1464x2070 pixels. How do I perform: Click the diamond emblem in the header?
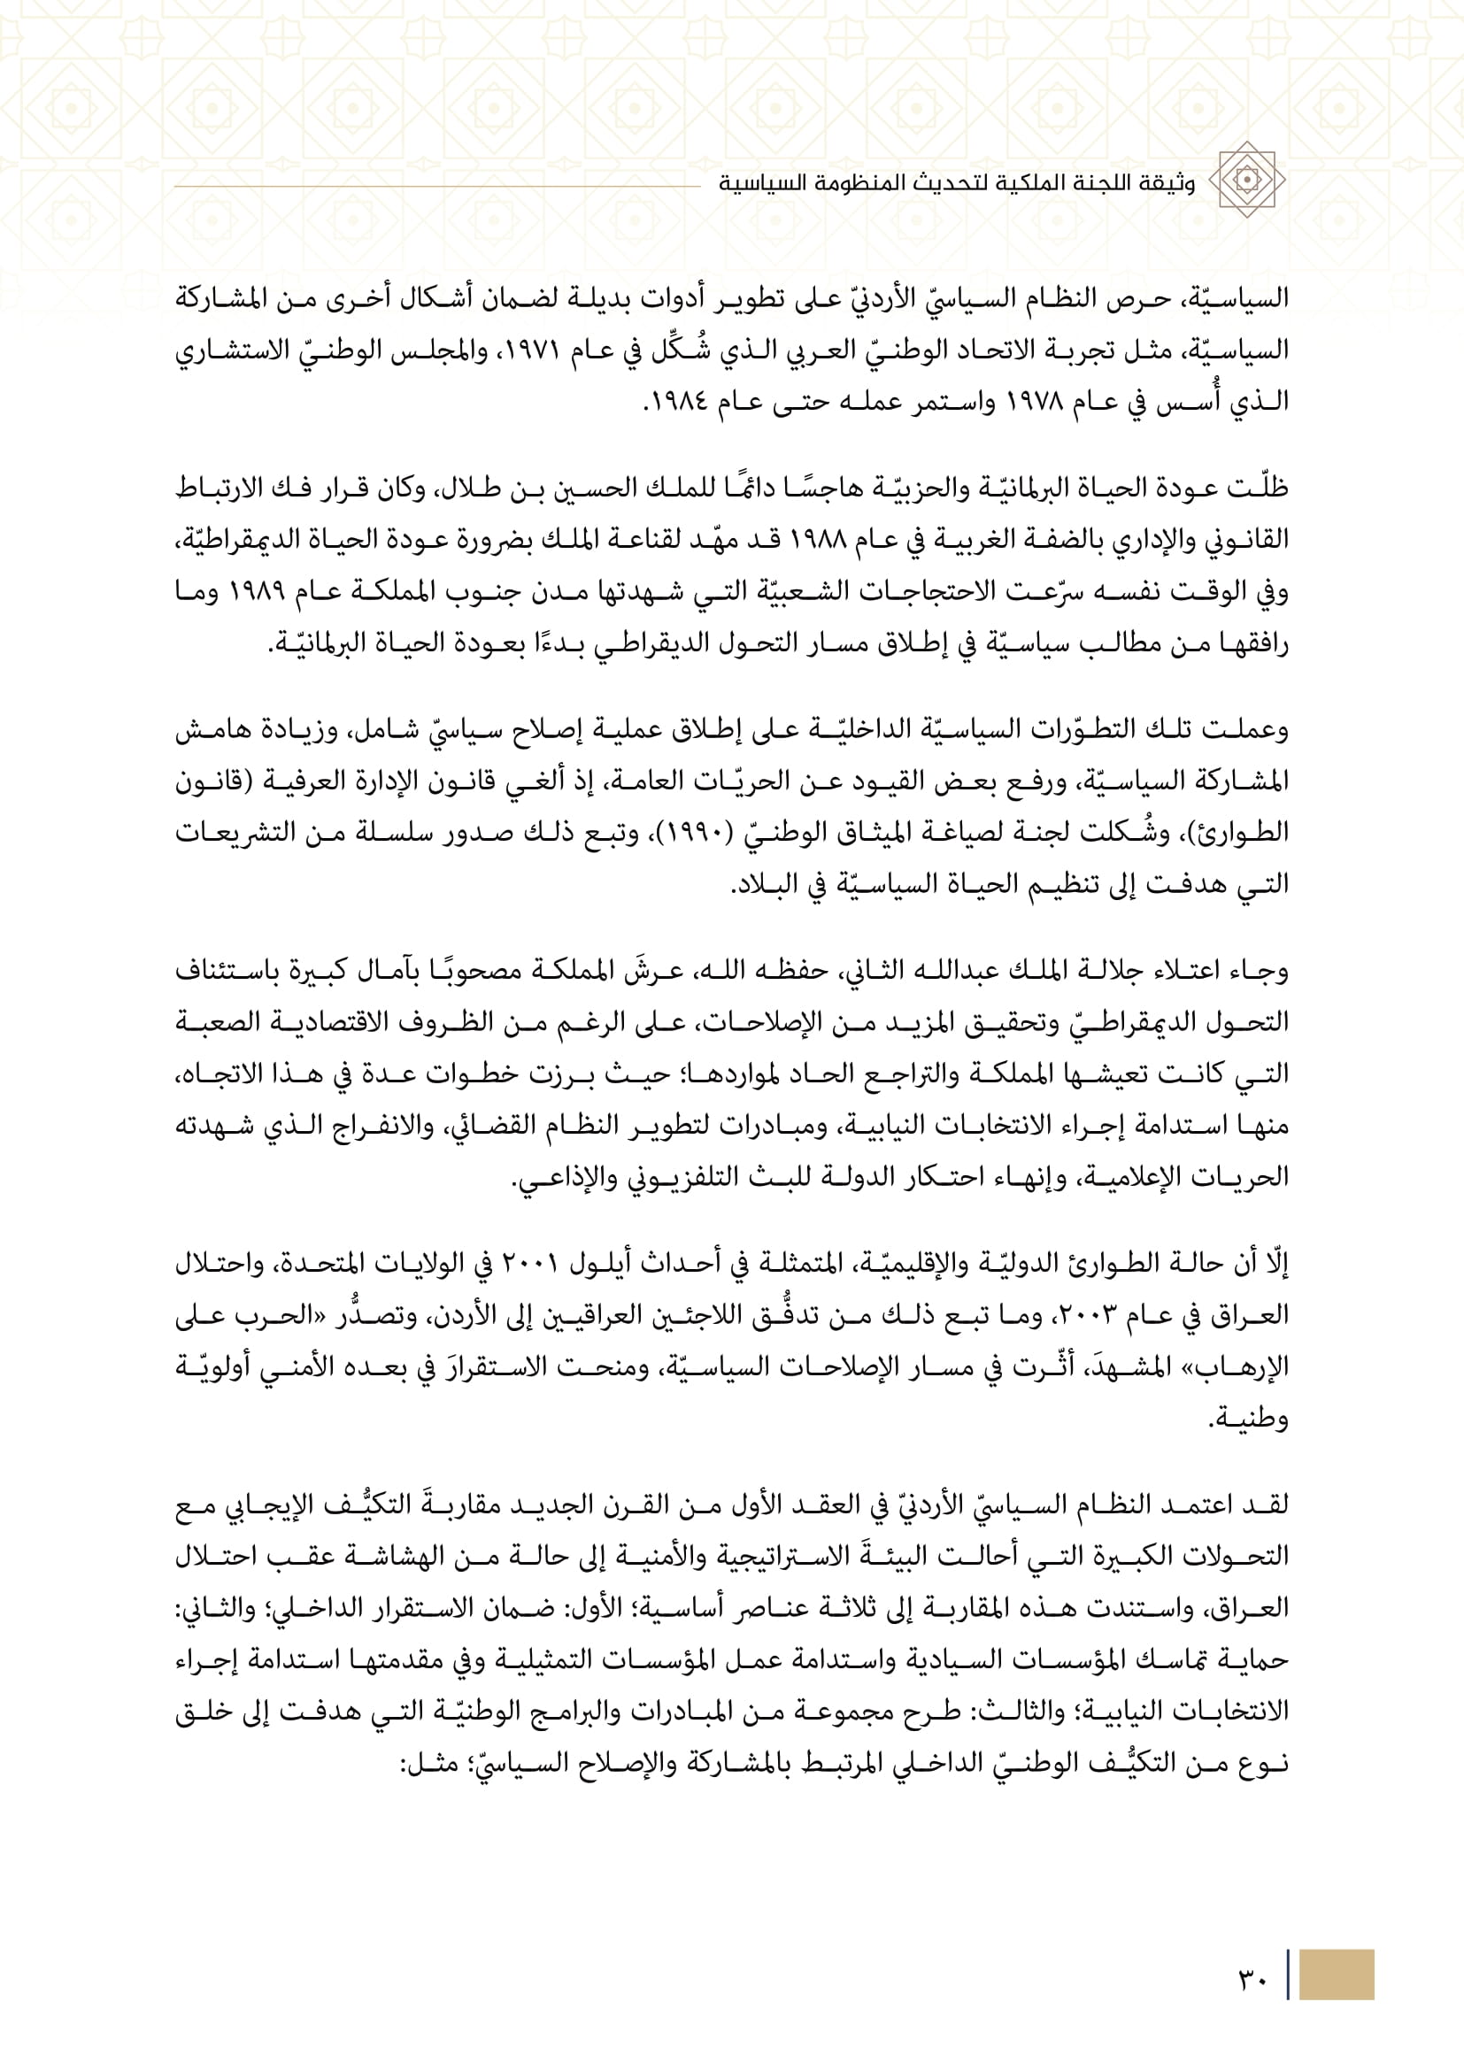[1247, 180]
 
